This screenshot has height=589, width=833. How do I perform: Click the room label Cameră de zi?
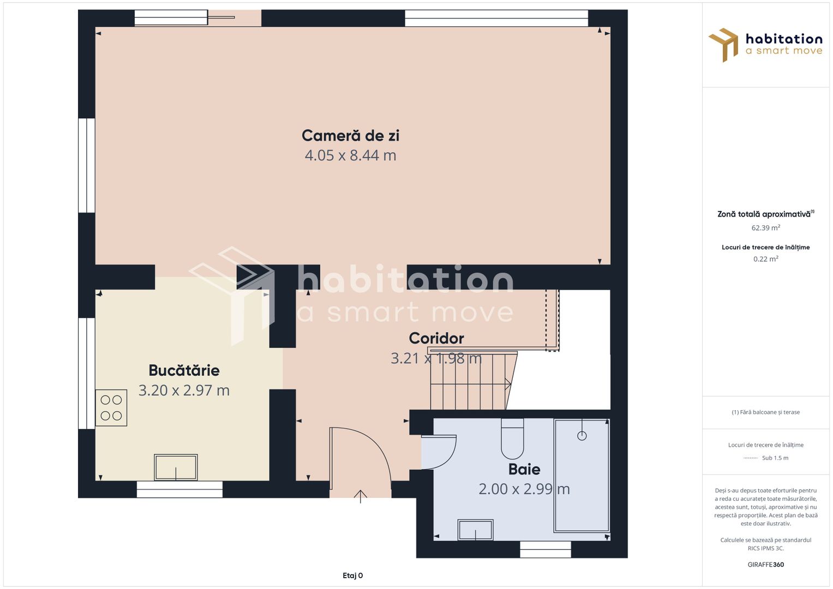point(350,136)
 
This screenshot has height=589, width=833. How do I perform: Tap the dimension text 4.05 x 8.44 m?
point(350,155)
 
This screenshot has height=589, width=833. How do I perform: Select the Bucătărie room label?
point(184,370)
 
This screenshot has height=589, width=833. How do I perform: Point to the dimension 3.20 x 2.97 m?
point(184,390)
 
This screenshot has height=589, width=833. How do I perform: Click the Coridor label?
point(436,338)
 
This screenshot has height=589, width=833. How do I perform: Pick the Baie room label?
point(524,469)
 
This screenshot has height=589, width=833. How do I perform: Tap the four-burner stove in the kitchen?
point(111,407)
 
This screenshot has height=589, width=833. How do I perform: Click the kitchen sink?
point(176,467)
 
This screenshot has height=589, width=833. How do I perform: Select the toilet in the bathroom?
point(512,439)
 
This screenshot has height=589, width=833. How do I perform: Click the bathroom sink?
point(475,530)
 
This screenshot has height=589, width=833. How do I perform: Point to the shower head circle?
point(582,436)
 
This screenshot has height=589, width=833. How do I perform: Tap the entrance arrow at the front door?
point(360,497)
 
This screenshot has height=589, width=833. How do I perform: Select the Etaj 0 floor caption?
point(352,575)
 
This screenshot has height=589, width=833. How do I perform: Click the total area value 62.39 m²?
point(766,227)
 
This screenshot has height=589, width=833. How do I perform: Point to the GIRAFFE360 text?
point(766,564)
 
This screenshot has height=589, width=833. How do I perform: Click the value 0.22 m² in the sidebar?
point(766,259)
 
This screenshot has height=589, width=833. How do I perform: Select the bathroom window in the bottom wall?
point(545,550)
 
